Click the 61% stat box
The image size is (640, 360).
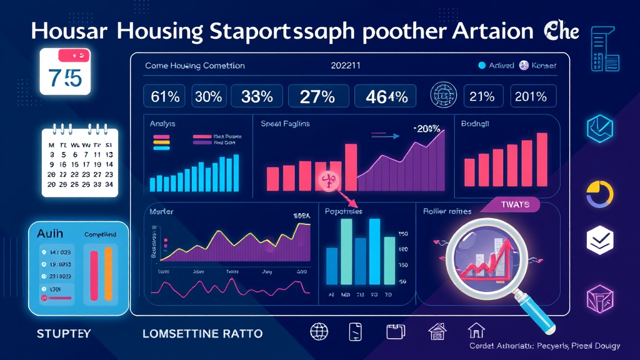pyautogui.click(x=165, y=97)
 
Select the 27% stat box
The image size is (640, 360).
pyautogui.click(x=317, y=97)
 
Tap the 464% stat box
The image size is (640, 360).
pyautogui.click(x=385, y=97)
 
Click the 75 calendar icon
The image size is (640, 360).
pyautogui.click(x=65, y=71)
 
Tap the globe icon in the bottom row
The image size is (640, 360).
pyautogui.click(x=319, y=331)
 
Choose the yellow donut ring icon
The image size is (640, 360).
pyautogui.click(x=599, y=194)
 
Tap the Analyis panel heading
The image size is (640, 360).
pyautogui.click(x=162, y=124)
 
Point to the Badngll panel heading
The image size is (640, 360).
pyautogui.click(x=475, y=124)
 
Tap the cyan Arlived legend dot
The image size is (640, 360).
pyautogui.click(x=482, y=65)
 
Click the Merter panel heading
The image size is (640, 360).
pyautogui.click(x=161, y=212)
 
